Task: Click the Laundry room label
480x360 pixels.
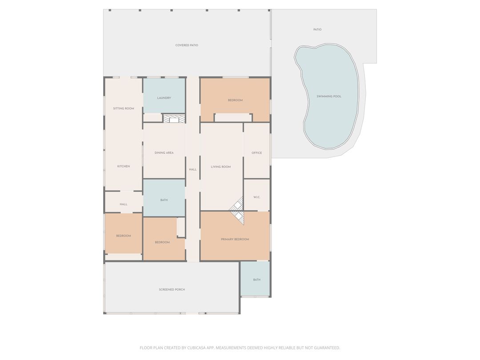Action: click(164, 98)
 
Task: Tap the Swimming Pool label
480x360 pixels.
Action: click(329, 96)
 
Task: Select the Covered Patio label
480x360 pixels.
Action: click(187, 45)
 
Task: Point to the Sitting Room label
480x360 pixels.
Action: click(124, 108)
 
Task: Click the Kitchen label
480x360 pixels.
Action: click(124, 166)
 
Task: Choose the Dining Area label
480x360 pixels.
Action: click(164, 153)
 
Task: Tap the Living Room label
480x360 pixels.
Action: click(221, 167)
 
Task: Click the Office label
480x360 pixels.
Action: click(257, 153)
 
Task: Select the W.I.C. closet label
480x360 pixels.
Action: click(257, 197)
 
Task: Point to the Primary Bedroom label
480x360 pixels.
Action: click(235, 240)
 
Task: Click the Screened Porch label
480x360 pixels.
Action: click(172, 290)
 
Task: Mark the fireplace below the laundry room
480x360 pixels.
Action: click(174, 119)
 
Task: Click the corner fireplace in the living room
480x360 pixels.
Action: click(237, 211)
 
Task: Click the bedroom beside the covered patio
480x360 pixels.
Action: click(235, 100)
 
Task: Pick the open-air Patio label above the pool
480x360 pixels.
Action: click(317, 30)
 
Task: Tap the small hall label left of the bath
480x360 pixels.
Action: click(124, 204)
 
